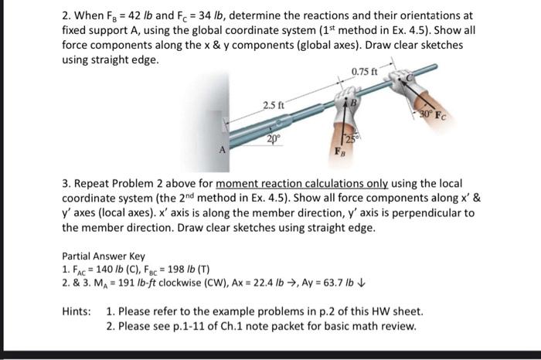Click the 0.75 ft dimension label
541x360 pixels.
[x=365, y=73]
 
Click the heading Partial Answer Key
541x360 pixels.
[x=102, y=256]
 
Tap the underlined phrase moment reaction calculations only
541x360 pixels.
[x=302, y=184]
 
